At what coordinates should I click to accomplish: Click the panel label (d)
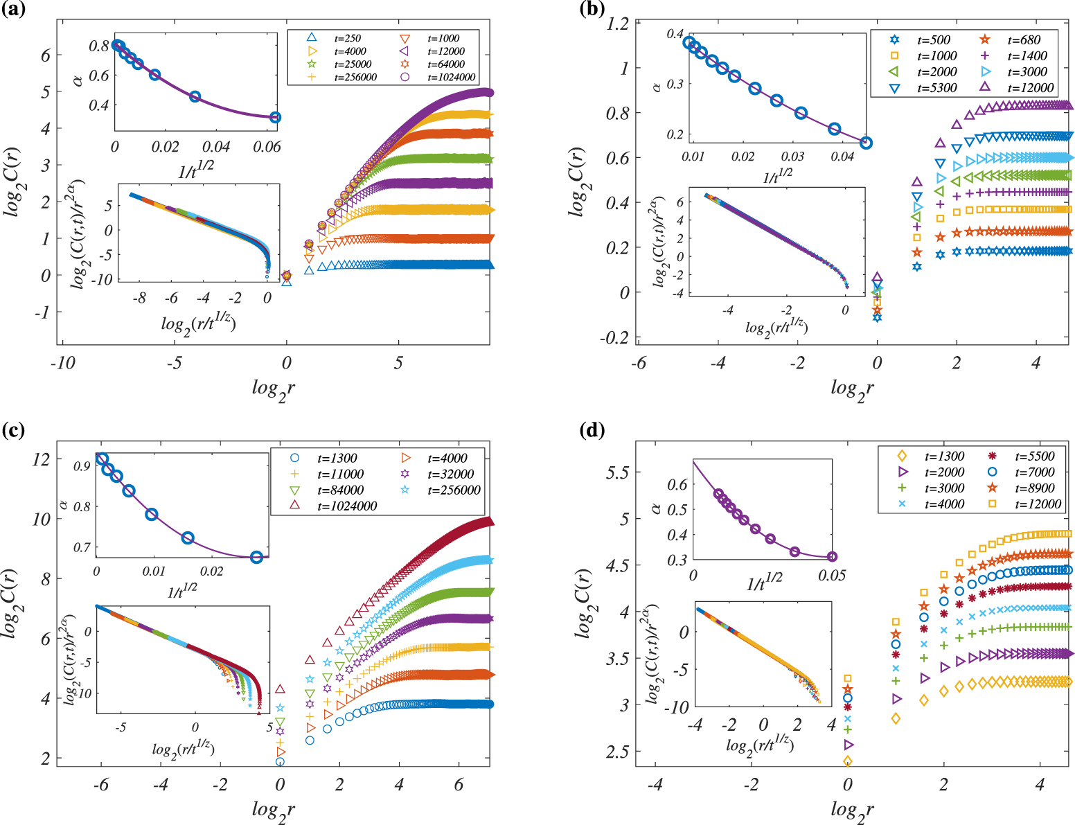pyautogui.click(x=592, y=431)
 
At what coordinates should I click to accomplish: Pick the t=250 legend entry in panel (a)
pyautogui.click(x=346, y=38)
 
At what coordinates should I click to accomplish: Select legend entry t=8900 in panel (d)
pyautogui.click(x=1034, y=488)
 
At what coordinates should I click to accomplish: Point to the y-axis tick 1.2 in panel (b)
pyautogui.click(x=617, y=24)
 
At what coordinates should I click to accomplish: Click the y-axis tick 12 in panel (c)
pyautogui.click(x=41, y=459)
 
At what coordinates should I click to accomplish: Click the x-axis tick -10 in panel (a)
pyautogui.click(x=62, y=363)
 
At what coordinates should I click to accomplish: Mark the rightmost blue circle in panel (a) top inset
pyautogui.click(x=275, y=118)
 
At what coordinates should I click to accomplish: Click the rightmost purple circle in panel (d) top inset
pyautogui.click(x=832, y=556)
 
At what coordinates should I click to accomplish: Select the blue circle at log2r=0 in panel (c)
pyautogui.click(x=280, y=762)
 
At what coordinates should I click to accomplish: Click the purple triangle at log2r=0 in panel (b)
pyautogui.click(x=877, y=277)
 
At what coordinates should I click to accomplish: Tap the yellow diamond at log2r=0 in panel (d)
pyautogui.click(x=848, y=761)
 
